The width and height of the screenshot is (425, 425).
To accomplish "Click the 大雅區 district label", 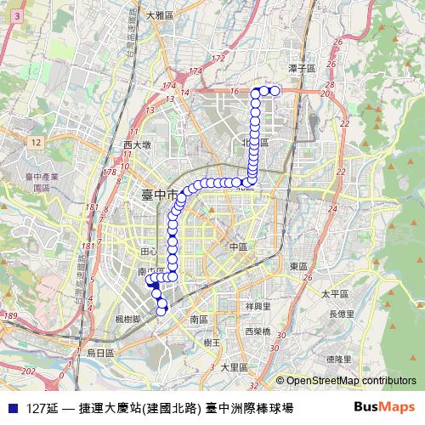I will (x=159, y=15).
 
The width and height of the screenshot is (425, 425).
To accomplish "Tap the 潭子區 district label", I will (x=301, y=67).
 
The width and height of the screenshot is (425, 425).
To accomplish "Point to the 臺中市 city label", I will (x=159, y=195).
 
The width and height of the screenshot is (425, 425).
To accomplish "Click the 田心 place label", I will (x=148, y=252).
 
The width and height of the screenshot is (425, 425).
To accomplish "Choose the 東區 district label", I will (x=298, y=266).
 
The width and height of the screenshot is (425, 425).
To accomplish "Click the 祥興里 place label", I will (x=258, y=306).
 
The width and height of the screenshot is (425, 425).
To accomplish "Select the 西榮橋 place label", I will (x=257, y=331).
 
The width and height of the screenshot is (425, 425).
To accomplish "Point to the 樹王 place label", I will (x=212, y=343).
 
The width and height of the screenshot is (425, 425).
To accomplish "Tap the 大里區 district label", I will (x=234, y=368).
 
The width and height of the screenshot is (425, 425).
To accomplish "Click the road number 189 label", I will (x=10, y=315).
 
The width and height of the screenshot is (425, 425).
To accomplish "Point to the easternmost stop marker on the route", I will (x=274, y=91).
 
